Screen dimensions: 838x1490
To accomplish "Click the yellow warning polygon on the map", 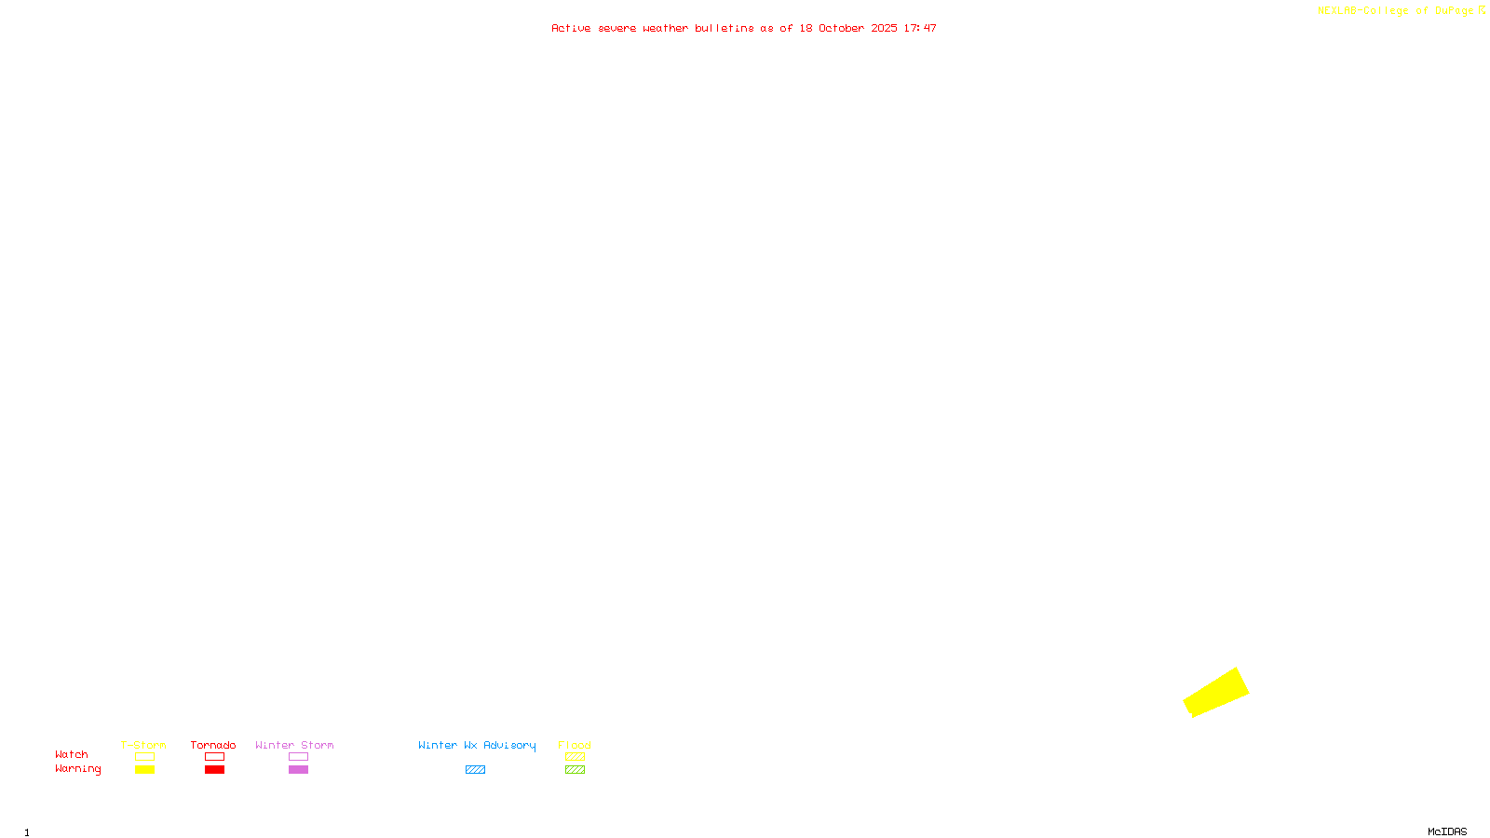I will (1216, 693).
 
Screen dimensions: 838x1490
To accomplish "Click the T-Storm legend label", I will (143, 745).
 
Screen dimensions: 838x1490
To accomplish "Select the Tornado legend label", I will (213, 745).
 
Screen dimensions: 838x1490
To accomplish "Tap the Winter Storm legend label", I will (294, 745).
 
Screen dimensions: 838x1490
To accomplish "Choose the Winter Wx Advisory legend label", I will (477, 745).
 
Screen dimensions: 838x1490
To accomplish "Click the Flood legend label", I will (575, 745).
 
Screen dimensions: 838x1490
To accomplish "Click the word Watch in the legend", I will (72, 754).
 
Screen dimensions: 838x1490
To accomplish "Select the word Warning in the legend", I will (78, 769).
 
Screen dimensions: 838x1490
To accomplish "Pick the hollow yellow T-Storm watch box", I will (144, 757).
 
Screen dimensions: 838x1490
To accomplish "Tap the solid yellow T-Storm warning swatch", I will (144, 770).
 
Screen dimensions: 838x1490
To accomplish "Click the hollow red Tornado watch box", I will (214, 757).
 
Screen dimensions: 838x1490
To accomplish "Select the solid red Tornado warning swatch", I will (214, 770).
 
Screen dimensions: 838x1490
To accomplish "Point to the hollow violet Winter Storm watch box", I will (298, 757).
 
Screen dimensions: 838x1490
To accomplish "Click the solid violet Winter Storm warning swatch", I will (298, 770).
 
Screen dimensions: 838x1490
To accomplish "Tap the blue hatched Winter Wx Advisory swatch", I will (475, 770).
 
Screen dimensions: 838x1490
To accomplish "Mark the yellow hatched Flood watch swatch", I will (575, 757).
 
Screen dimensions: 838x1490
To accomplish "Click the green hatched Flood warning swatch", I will (575, 770).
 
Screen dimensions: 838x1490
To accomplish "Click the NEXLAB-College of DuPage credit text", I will (1396, 11).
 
